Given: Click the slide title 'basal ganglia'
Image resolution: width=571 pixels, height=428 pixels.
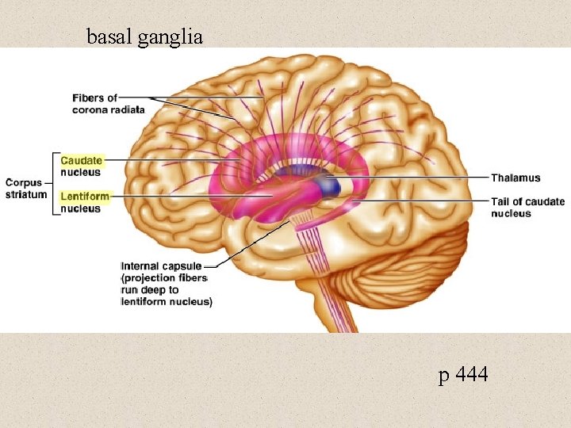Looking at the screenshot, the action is click(144, 36).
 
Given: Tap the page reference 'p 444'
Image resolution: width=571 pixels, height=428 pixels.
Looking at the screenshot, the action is click(463, 375).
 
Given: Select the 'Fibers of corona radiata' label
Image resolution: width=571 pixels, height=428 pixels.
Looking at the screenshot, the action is click(109, 103).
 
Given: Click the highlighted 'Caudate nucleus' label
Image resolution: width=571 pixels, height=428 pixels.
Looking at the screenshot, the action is click(81, 166).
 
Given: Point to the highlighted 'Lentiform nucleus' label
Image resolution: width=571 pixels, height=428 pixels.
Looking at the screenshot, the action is click(84, 201).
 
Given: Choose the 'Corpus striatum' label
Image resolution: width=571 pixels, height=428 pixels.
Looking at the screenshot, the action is click(26, 188).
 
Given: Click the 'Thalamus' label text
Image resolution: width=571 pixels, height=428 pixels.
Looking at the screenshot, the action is click(515, 178).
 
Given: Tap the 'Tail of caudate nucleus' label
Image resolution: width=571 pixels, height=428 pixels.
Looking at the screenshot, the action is click(527, 207).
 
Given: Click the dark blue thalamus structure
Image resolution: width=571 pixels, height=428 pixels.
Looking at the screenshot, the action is click(327, 185).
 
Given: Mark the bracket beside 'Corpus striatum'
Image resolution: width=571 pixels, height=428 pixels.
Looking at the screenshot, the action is click(55, 183).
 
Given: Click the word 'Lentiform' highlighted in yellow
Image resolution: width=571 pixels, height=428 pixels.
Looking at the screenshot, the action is click(85, 195).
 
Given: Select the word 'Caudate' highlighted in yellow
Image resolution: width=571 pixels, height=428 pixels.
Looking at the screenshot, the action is click(81, 160).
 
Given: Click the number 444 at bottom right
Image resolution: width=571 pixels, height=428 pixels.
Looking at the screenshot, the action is click(473, 375).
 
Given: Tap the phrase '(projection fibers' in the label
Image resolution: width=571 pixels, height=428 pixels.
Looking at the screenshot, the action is click(163, 278).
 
